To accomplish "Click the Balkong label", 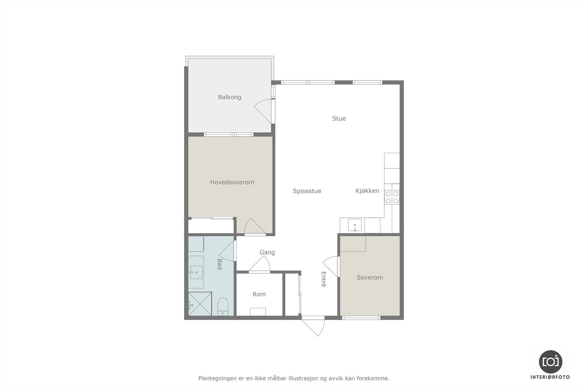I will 229,97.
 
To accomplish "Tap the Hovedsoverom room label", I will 232,182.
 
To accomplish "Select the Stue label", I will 339,119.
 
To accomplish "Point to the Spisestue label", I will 307,191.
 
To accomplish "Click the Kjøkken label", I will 367,191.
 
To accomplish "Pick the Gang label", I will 267,252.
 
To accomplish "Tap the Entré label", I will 324,279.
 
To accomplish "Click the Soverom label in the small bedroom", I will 370,277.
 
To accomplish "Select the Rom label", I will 259,294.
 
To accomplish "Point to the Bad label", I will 219,264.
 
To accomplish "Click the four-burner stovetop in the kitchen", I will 392,197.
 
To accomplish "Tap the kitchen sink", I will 355,225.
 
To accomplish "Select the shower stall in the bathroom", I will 200,303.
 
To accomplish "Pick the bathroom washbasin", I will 197,272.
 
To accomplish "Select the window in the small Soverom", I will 361,317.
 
